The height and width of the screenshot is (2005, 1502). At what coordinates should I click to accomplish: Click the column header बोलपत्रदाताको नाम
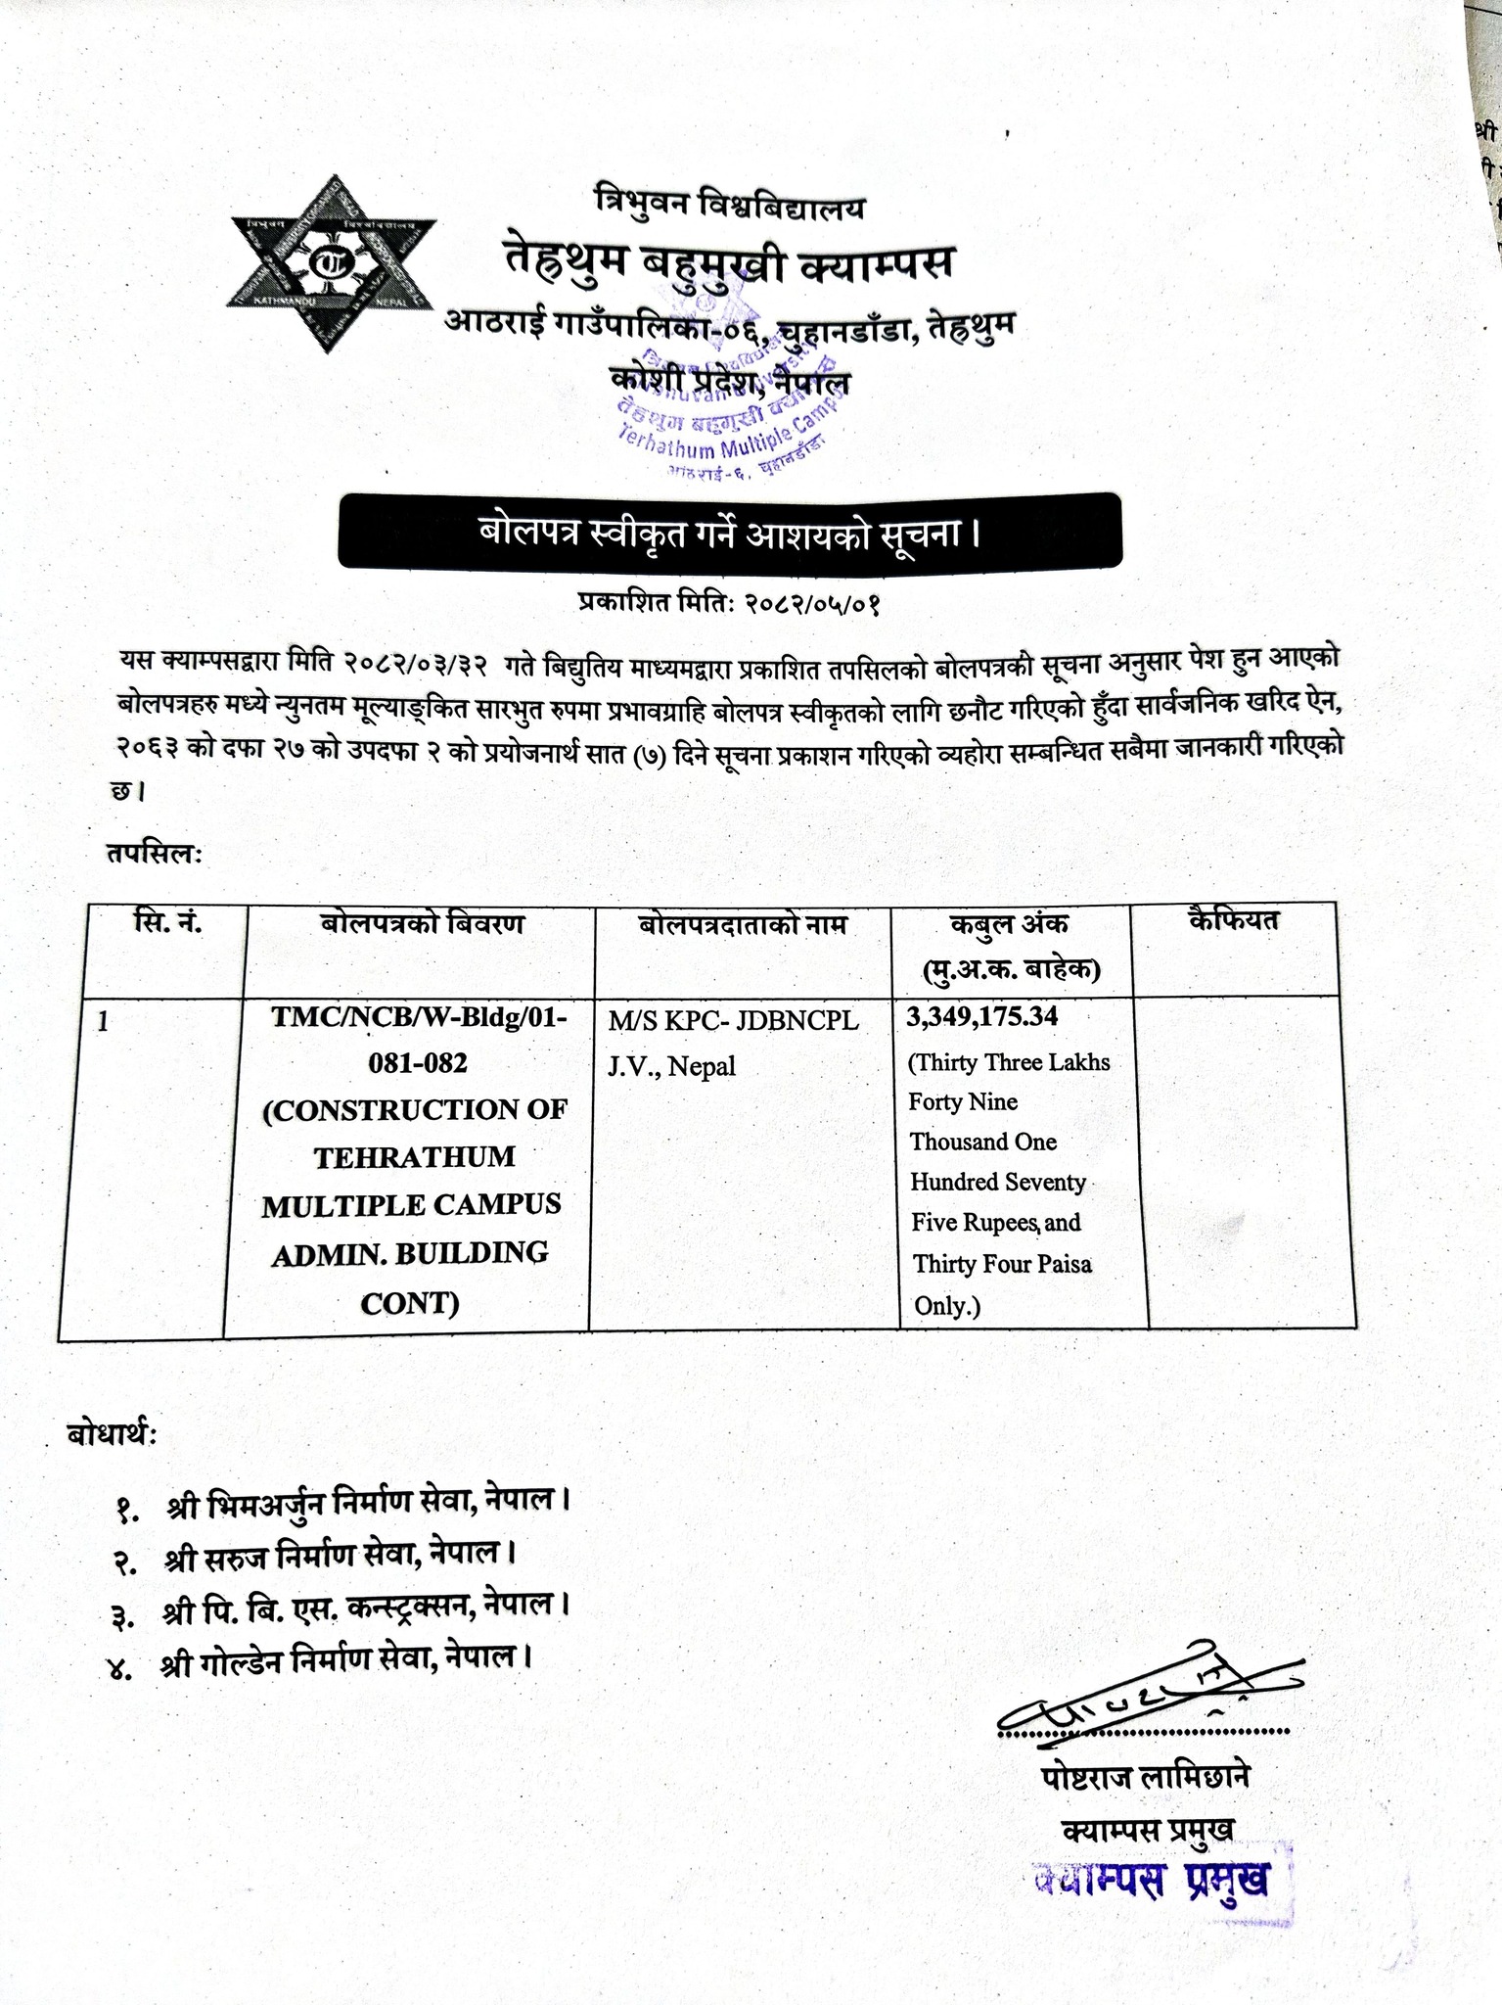pos(743,925)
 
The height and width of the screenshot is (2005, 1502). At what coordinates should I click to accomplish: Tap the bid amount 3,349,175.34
pos(981,1016)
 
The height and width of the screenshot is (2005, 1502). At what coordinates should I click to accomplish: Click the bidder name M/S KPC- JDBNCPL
pos(733,1021)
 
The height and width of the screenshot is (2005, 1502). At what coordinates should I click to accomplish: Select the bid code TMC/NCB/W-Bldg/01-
pos(419,1016)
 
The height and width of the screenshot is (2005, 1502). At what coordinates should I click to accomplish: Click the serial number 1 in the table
pos(104,1022)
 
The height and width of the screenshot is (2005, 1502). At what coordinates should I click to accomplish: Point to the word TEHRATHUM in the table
pos(414,1157)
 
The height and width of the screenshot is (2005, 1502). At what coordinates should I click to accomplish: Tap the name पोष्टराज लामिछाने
pos(1146,1776)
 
